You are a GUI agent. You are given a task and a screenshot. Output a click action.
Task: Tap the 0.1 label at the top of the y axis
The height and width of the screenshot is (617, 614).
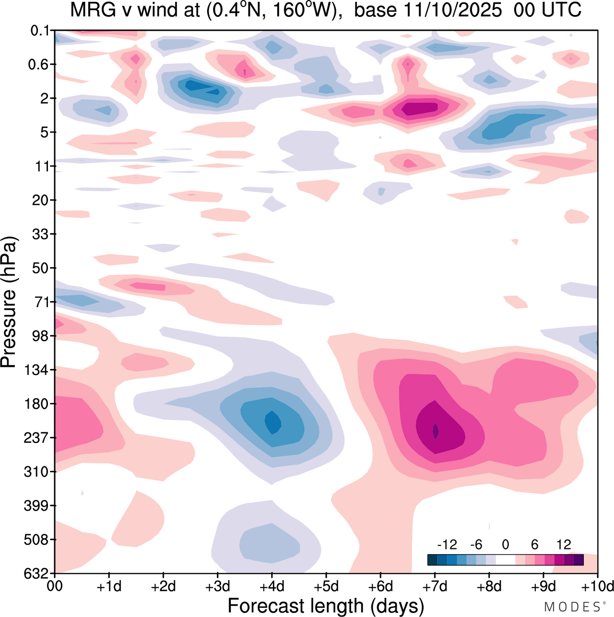pyautogui.click(x=40, y=31)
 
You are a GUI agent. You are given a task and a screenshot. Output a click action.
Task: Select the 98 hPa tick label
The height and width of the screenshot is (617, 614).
pyautogui.click(x=41, y=336)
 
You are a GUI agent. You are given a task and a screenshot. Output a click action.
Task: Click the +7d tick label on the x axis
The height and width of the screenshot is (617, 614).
pyautogui.click(x=435, y=586)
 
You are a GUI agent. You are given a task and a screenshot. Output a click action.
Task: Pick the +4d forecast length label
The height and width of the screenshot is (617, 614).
pyautogui.click(x=272, y=586)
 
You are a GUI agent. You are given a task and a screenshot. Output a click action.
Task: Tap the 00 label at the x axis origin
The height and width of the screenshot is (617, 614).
pyautogui.click(x=55, y=586)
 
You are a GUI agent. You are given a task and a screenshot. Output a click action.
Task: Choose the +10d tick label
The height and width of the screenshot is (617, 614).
pyautogui.click(x=597, y=586)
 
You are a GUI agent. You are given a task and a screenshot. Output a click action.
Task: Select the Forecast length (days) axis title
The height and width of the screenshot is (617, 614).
pyautogui.click(x=326, y=605)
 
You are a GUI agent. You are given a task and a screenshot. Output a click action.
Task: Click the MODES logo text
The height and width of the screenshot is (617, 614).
pyautogui.click(x=572, y=607)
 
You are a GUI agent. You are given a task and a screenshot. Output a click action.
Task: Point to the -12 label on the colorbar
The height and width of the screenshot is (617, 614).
pyautogui.click(x=447, y=545)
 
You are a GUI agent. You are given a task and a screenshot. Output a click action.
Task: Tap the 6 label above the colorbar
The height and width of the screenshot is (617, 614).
pyautogui.click(x=534, y=545)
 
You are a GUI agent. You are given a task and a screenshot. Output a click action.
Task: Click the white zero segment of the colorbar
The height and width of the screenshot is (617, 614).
pyautogui.click(x=505, y=560)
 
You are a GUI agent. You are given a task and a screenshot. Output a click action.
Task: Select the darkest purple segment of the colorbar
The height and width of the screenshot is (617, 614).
pyautogui.click(x=579, y=560)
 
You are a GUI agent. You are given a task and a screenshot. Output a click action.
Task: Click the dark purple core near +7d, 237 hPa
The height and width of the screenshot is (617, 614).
pyautogui.click(x=436, y=430)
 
